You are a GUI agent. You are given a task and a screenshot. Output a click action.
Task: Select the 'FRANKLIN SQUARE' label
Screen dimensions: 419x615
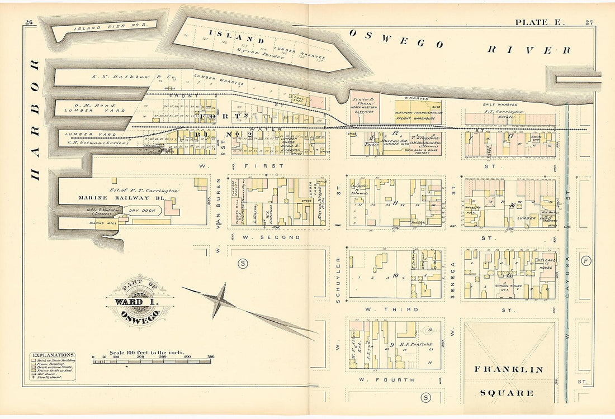point(508,380)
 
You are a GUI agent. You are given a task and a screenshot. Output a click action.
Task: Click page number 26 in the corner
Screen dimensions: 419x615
point(30,22)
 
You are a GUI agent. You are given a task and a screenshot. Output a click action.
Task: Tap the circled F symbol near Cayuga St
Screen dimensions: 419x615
point(585,261)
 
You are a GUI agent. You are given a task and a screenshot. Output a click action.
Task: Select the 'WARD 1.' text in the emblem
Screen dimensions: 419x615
point(135,302)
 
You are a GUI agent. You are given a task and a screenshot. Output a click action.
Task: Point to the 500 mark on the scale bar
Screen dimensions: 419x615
point(211,356)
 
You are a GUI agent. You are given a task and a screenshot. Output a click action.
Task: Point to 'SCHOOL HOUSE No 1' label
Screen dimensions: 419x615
point(509,285)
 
